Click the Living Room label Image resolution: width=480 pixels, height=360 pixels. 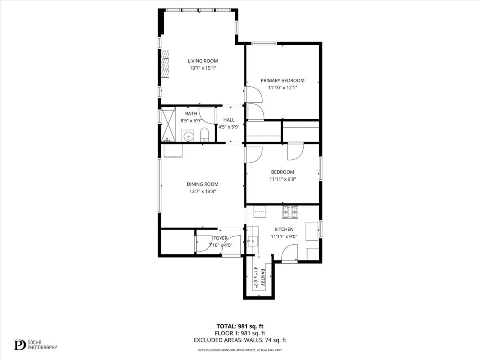tap(203, 61)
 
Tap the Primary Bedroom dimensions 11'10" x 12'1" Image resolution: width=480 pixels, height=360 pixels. tap(282, 88)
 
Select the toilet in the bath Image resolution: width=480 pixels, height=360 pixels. tap(204, 135)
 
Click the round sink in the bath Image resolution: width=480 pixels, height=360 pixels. tap(187, 136)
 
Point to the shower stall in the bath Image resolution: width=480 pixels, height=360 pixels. tap(169, 124)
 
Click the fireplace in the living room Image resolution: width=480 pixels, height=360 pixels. tap(165, 64)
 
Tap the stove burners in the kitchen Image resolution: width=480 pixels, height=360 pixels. tap(290, 212)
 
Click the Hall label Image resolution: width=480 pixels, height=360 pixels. tap(229, 120)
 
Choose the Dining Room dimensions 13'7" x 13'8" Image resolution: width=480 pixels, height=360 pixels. tap(202, 192)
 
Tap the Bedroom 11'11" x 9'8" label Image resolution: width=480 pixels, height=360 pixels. tap(282, 176)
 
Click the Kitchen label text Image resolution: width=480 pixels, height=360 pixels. tap(284, 229)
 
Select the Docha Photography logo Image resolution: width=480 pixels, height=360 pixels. tap(36, 344)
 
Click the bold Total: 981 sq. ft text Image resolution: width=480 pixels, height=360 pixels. tap(240, 326)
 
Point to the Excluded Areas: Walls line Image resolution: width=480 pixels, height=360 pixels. tap(240, 340)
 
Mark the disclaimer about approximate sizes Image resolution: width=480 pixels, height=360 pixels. tap(240, 350)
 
